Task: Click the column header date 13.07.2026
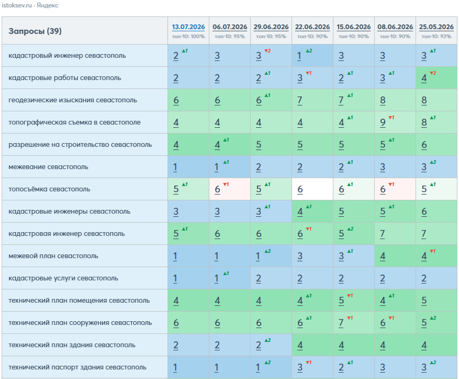[188, 27]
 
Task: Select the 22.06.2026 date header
[312, 27]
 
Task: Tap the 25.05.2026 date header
[436, 27]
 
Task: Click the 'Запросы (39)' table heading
[35, 31]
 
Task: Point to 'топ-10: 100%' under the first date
[188, 37]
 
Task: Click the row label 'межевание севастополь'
[48, 167]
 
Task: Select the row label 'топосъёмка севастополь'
[49, 189]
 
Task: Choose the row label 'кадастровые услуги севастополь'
[63, 278]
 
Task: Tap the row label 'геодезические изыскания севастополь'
[73, 100]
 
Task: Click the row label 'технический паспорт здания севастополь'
[77, 367]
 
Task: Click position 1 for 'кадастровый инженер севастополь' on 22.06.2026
[299, 56]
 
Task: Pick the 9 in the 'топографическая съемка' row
[383, 122]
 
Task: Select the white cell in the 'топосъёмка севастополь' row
[312, 189]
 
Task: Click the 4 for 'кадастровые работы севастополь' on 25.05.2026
[424, 78]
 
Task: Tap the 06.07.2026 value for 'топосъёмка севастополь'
[217, 189]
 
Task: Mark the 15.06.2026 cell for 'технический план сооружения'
[354, 322]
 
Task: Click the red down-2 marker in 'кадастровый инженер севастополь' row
[268, 51]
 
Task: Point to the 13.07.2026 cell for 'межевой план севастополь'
[188, 256]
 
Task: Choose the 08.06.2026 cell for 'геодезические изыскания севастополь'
[395, 100]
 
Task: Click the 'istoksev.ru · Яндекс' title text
[30, 5]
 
